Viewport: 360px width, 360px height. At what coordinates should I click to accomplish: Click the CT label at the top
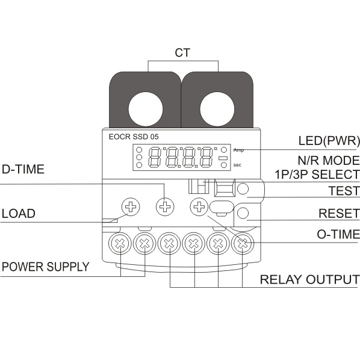click(x=182, y=53)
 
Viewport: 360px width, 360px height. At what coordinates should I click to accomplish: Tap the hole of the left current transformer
click(x=146, y=110)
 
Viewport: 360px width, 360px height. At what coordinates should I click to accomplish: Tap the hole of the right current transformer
click(x=217, y=110)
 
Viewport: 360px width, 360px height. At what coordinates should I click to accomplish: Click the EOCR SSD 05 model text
click(x=134, y=137)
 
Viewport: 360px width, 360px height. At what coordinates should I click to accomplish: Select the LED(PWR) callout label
click(x=329, y=140)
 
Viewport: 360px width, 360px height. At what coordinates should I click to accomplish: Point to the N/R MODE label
click(x=329, y=160)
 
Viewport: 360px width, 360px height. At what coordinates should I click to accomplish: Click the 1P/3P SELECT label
click(x=317, y=174)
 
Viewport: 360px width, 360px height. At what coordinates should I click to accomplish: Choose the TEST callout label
click(x=344, y=191)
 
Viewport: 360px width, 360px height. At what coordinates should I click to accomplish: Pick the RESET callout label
click(x=339, y=214)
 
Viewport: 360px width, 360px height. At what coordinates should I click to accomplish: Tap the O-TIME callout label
click(x=338, y=234)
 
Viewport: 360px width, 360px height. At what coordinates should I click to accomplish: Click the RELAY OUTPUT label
click(x=309, y=279)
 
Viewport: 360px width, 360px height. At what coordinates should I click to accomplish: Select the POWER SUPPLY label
click(x=46, y=267)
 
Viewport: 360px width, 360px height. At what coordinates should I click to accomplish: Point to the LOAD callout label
click(x=19, y=214)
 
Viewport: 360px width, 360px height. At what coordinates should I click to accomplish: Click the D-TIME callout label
click(x=23, y=169)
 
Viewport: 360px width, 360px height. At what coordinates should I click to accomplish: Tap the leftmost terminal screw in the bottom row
click(x=120, y=243)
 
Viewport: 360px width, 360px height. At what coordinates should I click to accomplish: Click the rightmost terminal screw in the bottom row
click(x=243, y=243)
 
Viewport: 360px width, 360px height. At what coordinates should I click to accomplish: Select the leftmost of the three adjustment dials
click(x=131, y=206)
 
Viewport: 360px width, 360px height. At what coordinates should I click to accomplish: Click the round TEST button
click(x=243, y=189)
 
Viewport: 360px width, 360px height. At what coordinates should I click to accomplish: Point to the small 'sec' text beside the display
click(x=237, y=165)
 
